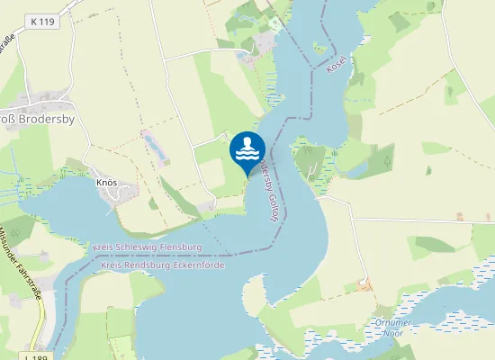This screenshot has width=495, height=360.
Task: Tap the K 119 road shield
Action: pyautogui.click(x=44, y=21)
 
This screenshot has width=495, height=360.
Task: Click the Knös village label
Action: pyautogui.click(x=106, y=182)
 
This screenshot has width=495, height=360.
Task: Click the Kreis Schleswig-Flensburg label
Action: pyautogui.click(x=147, y=246)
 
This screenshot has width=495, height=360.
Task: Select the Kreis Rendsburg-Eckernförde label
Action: pyautogui.click(x=163, y=265)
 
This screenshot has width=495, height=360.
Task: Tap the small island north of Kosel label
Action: pyautogui.click(x=319, y=46)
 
